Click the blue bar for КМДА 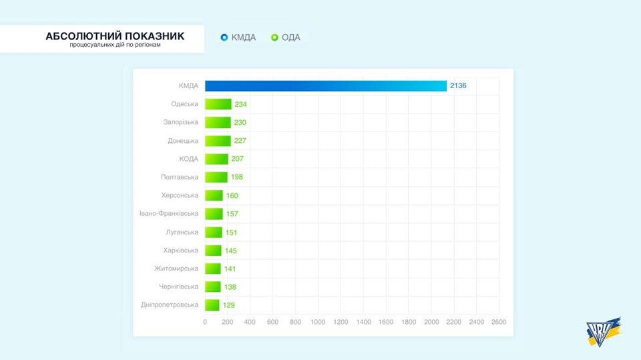[326, 86]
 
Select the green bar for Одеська [218, 104]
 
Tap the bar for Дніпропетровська [212, 305]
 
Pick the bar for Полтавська [216, 177]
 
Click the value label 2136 [458, 86]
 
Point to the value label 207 [237, 159]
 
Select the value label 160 [232, 196]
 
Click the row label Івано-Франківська [169, 214]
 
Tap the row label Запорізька [180, 122]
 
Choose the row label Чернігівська [178, 287]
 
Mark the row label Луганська [182, 232]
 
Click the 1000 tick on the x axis [318, 322]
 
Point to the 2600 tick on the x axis [498, 322]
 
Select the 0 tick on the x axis [205, 322]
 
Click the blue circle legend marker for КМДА [224, 37]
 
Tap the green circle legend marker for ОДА [274, 37]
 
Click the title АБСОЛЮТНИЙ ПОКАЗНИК [115, 35]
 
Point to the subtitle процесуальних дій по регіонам [115, 45]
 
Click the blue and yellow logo [604, 332]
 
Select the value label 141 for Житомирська [230, 268]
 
